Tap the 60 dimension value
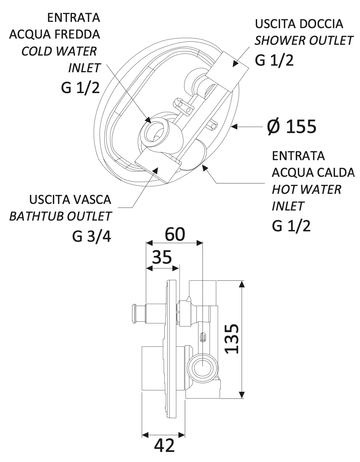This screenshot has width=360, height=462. pos(175,234)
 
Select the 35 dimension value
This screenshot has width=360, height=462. pos(162,257)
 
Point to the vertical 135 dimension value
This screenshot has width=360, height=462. pos(232,339)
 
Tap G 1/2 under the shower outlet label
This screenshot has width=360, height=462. pos(274,60)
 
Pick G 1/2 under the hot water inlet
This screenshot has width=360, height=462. pos(291,226)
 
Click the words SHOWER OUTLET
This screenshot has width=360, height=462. pos(304,41)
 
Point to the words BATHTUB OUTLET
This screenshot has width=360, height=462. pos(60,216)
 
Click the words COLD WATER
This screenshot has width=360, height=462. pos(59,51)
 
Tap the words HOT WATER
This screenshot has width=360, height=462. pos(306,190)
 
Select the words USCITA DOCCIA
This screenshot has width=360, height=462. pos(299,24)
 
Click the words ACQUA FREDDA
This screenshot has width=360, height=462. pos(55,34)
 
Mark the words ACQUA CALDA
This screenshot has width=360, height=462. pos(313,173)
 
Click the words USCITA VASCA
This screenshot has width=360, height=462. pos(70,200)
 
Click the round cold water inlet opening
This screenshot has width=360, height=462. pos(154,130)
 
